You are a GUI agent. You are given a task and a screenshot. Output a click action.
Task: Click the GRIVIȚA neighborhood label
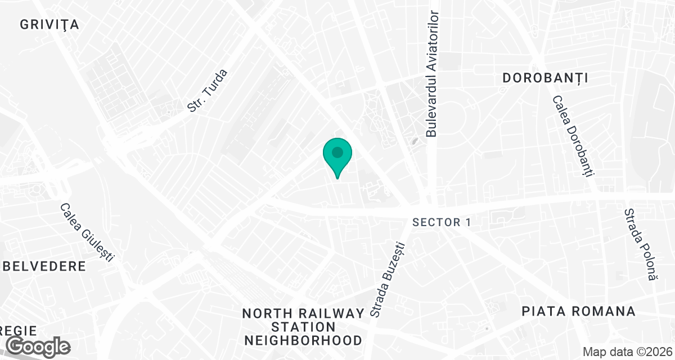(x=49, y=25)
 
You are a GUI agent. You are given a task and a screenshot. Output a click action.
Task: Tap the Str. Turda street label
(x=208, y=90)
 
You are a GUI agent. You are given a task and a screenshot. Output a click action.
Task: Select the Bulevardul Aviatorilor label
(x=432, y=73)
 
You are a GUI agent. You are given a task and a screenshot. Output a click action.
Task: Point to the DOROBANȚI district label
(x=545, y=78)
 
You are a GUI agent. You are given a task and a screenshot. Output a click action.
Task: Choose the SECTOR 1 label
(x=442, y=222)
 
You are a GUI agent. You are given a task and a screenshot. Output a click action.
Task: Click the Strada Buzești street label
(x=388, y=278)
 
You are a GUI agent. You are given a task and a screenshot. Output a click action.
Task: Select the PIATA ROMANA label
(x=578, y=311)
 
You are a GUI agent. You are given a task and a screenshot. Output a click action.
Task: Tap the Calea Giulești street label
(x=87, y=232)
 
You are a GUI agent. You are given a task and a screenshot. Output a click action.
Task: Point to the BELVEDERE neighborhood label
(x=43, y=266)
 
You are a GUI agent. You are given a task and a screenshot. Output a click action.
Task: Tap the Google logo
(x=38, y=345)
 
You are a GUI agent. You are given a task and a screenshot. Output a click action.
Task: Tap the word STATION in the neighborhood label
(x=303, y=327)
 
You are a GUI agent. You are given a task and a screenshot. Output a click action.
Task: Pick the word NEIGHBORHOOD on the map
(x=303, y=340)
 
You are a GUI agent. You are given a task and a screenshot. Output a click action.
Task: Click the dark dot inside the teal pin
(x=337, y=152)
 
